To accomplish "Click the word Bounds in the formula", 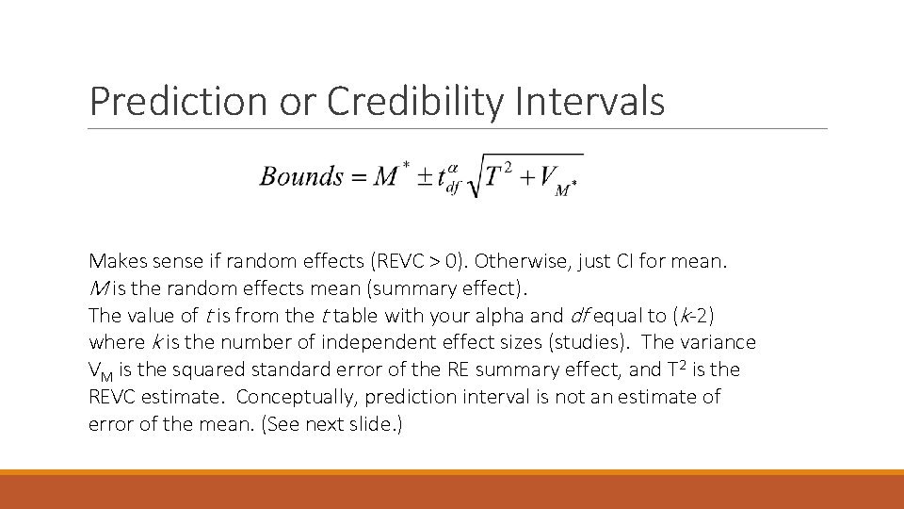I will coord(301,177).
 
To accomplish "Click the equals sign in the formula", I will coord(359,177).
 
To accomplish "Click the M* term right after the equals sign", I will coord(390,175).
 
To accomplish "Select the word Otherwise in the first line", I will coord(516,261).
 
